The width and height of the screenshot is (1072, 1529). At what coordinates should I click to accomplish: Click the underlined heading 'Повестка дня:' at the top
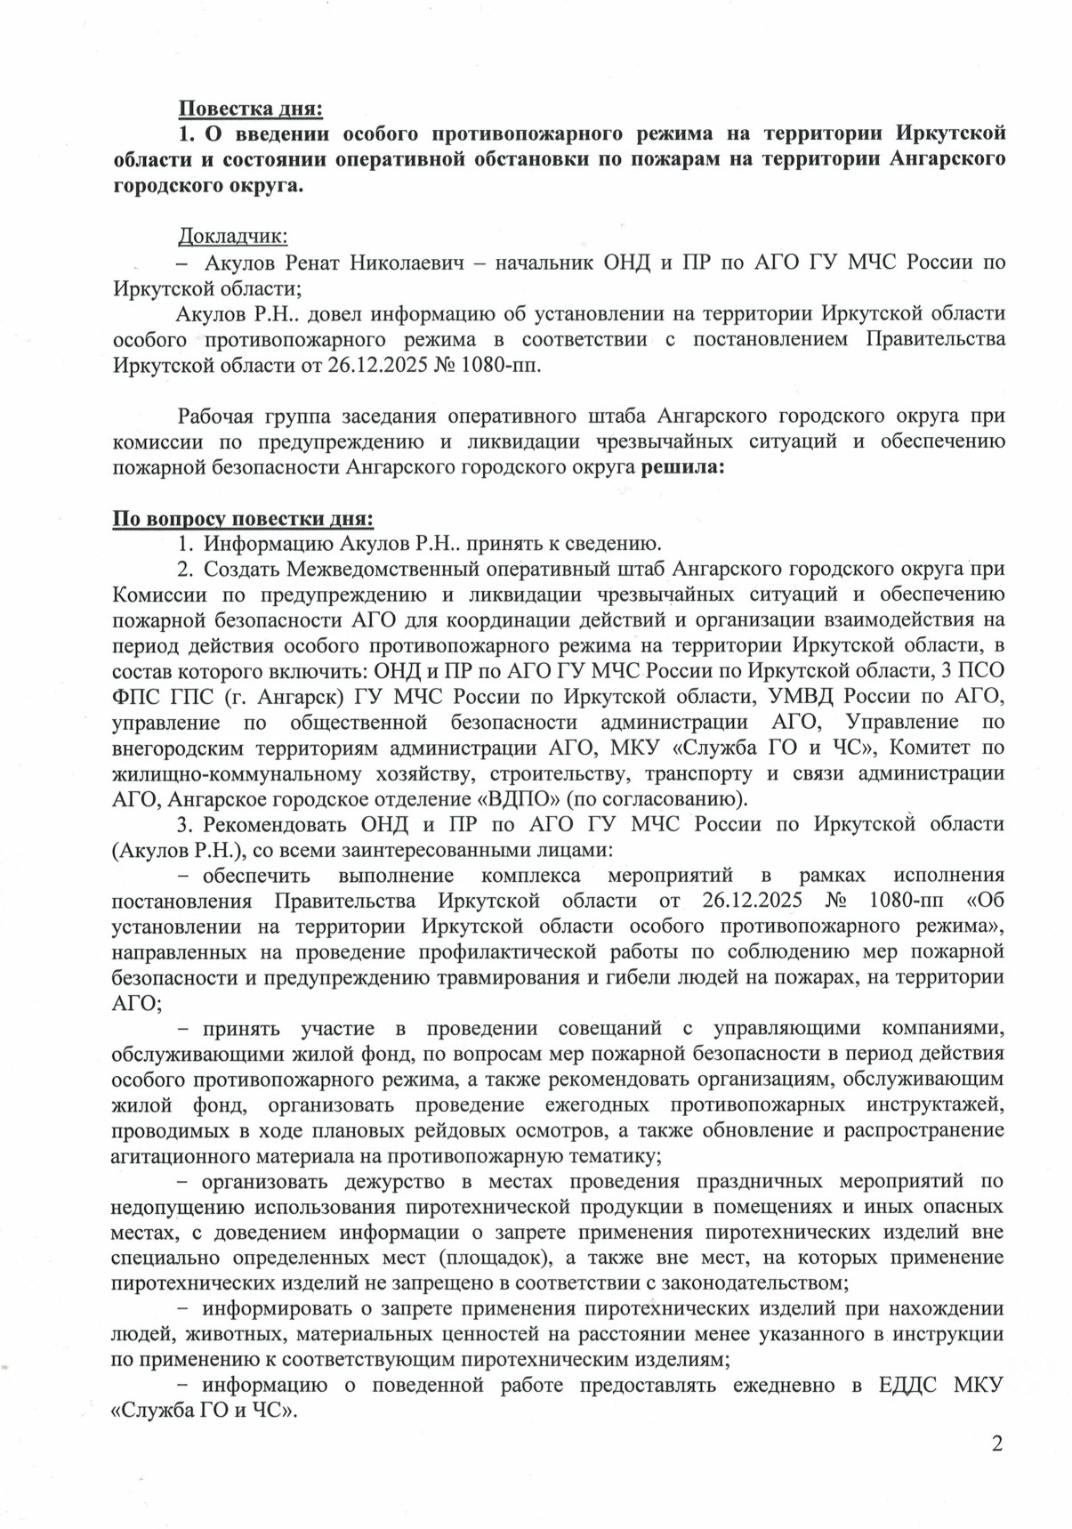click(250, 109)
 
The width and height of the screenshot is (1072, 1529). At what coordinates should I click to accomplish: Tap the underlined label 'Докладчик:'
click(233, 236)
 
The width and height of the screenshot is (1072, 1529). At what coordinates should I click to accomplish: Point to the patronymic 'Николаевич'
click(406, 263)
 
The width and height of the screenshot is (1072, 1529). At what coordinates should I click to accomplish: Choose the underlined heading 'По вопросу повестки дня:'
click(243, 519)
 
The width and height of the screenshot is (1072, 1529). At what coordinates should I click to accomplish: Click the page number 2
click(997, 1444)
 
